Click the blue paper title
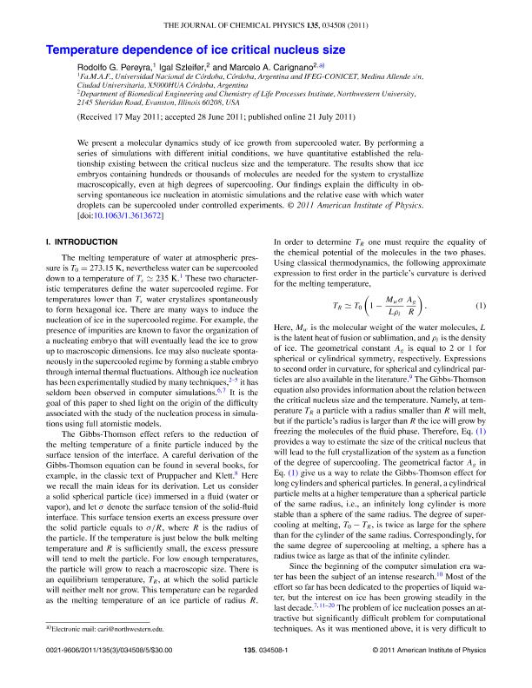[x=197, y=52]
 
